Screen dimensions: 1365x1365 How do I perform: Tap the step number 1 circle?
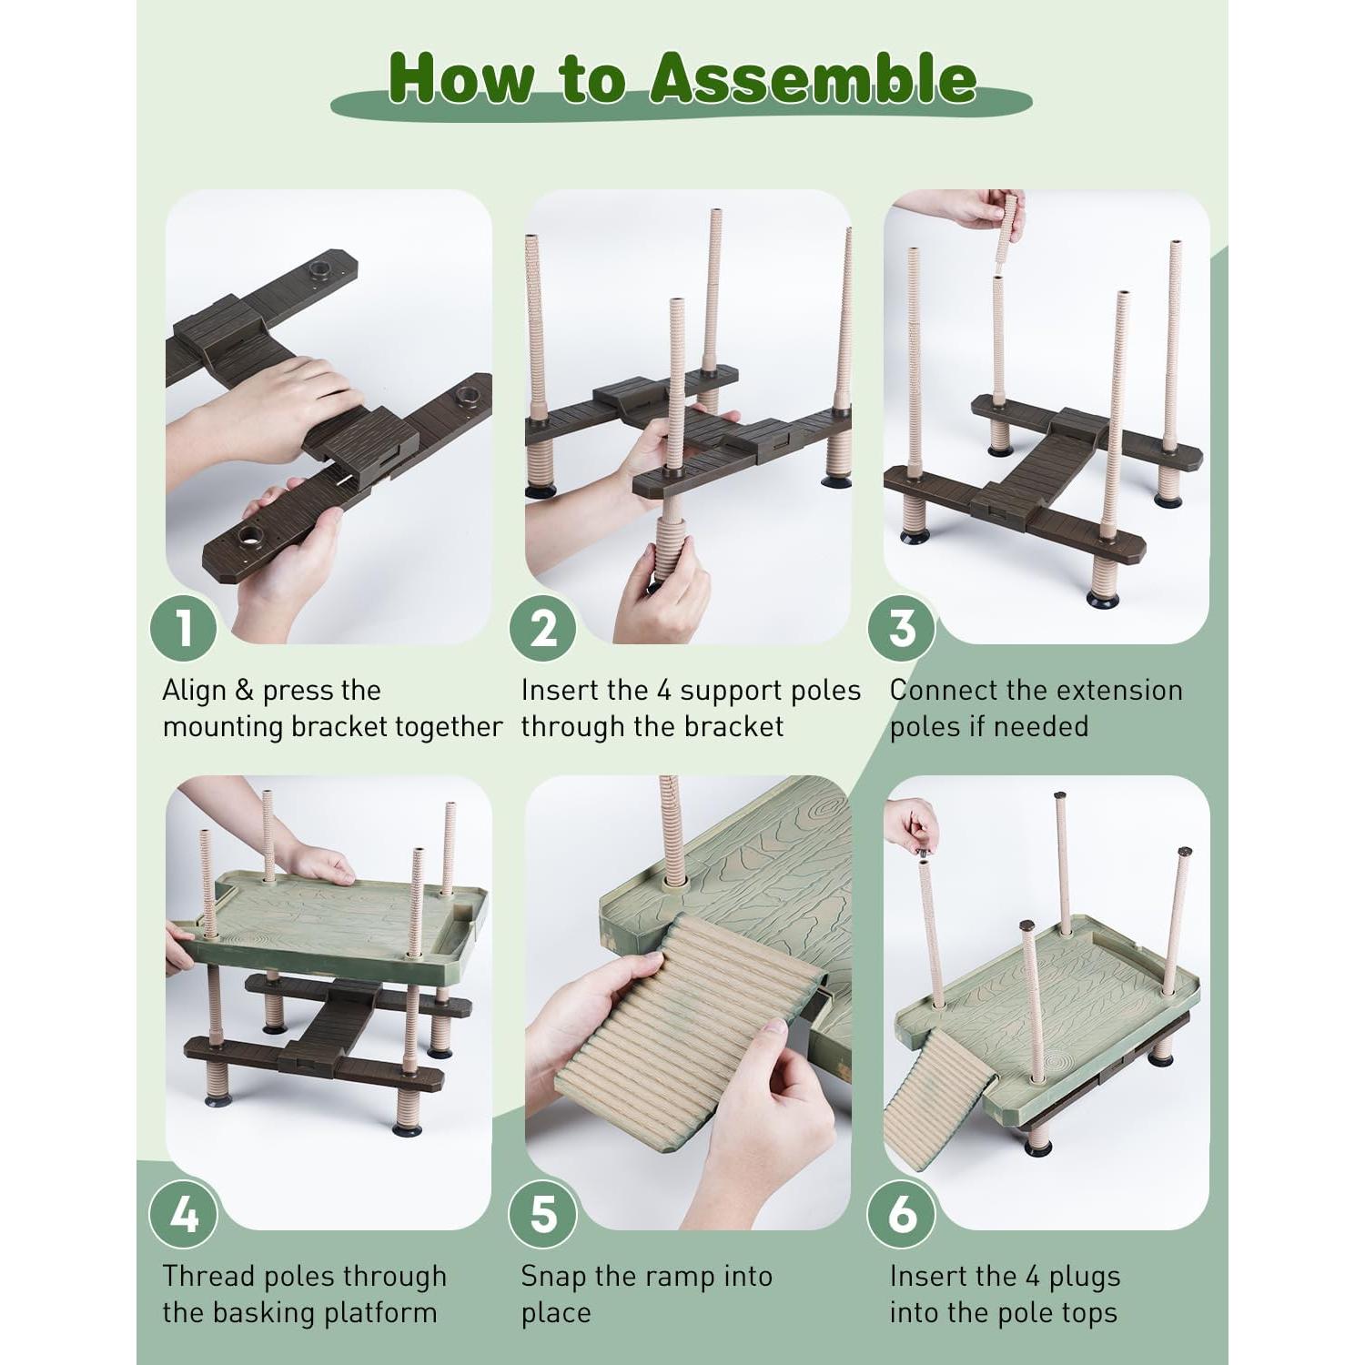coord(184,629)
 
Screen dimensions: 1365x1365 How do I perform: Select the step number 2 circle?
coord(542,629)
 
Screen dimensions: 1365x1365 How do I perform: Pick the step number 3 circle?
coord(902,629)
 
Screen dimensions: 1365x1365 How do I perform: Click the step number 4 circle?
coord(184,1215)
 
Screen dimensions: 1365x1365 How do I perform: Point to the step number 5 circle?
coord(542,1215)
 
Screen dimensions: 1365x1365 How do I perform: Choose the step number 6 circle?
coord(902,1215)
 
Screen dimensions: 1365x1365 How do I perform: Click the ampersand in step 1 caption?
coord(244,691)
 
